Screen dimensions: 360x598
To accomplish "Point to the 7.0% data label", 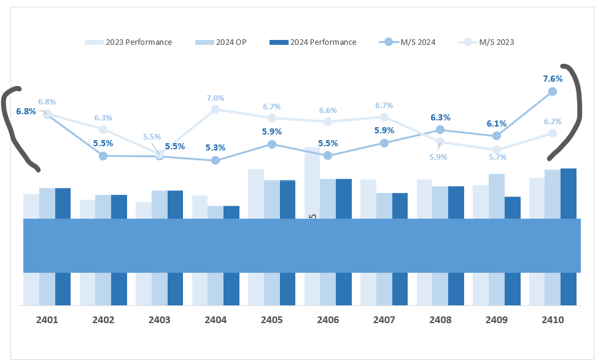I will tap(216, 98).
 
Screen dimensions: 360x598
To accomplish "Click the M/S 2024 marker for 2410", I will tap(552, 92).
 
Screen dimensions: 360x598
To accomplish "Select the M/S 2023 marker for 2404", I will tap(216, 109).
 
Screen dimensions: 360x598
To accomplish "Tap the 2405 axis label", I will tap(272, 320).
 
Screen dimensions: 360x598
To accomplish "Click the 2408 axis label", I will tap(441, 320).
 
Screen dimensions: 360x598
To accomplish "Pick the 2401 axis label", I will tap(47, 320).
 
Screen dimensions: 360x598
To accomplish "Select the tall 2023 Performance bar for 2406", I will tap(313, 181).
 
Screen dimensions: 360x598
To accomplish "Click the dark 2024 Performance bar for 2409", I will tap(513, 207).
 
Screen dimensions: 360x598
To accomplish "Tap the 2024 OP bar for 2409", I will tap(497, 195).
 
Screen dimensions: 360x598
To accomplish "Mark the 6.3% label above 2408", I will tap(440, 117).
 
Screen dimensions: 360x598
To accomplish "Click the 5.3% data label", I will tap(216, 147).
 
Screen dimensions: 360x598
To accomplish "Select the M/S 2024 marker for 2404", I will tap(216, 160).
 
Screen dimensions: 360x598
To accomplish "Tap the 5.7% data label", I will tap(497, 157).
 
